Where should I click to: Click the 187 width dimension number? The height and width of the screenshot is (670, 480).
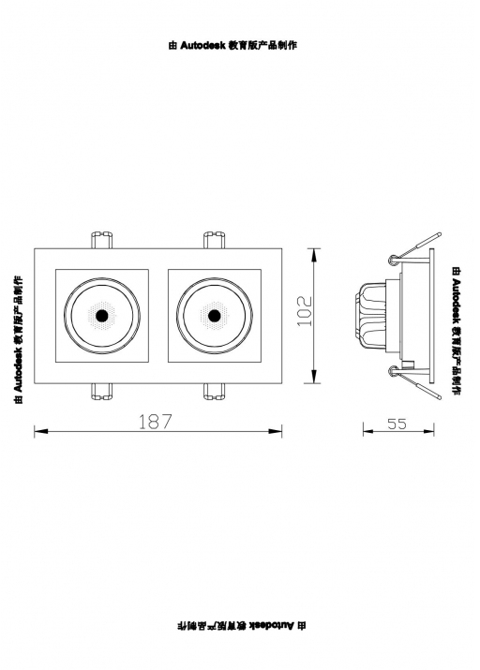[155, 422]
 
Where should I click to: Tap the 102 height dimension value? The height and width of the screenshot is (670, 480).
[305, 311]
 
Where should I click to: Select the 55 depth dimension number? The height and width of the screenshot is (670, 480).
[397, 424]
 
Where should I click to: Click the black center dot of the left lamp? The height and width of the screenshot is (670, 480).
[102, 316]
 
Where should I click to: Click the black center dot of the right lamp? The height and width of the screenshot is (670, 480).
[214, 316]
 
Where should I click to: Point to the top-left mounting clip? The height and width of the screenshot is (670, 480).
[102, 240]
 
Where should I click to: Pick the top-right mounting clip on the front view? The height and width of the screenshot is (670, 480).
[214, 240]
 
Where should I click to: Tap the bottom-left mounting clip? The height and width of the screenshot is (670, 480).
[102, 392]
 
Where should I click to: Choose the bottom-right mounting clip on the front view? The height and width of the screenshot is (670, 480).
[214, 392]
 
